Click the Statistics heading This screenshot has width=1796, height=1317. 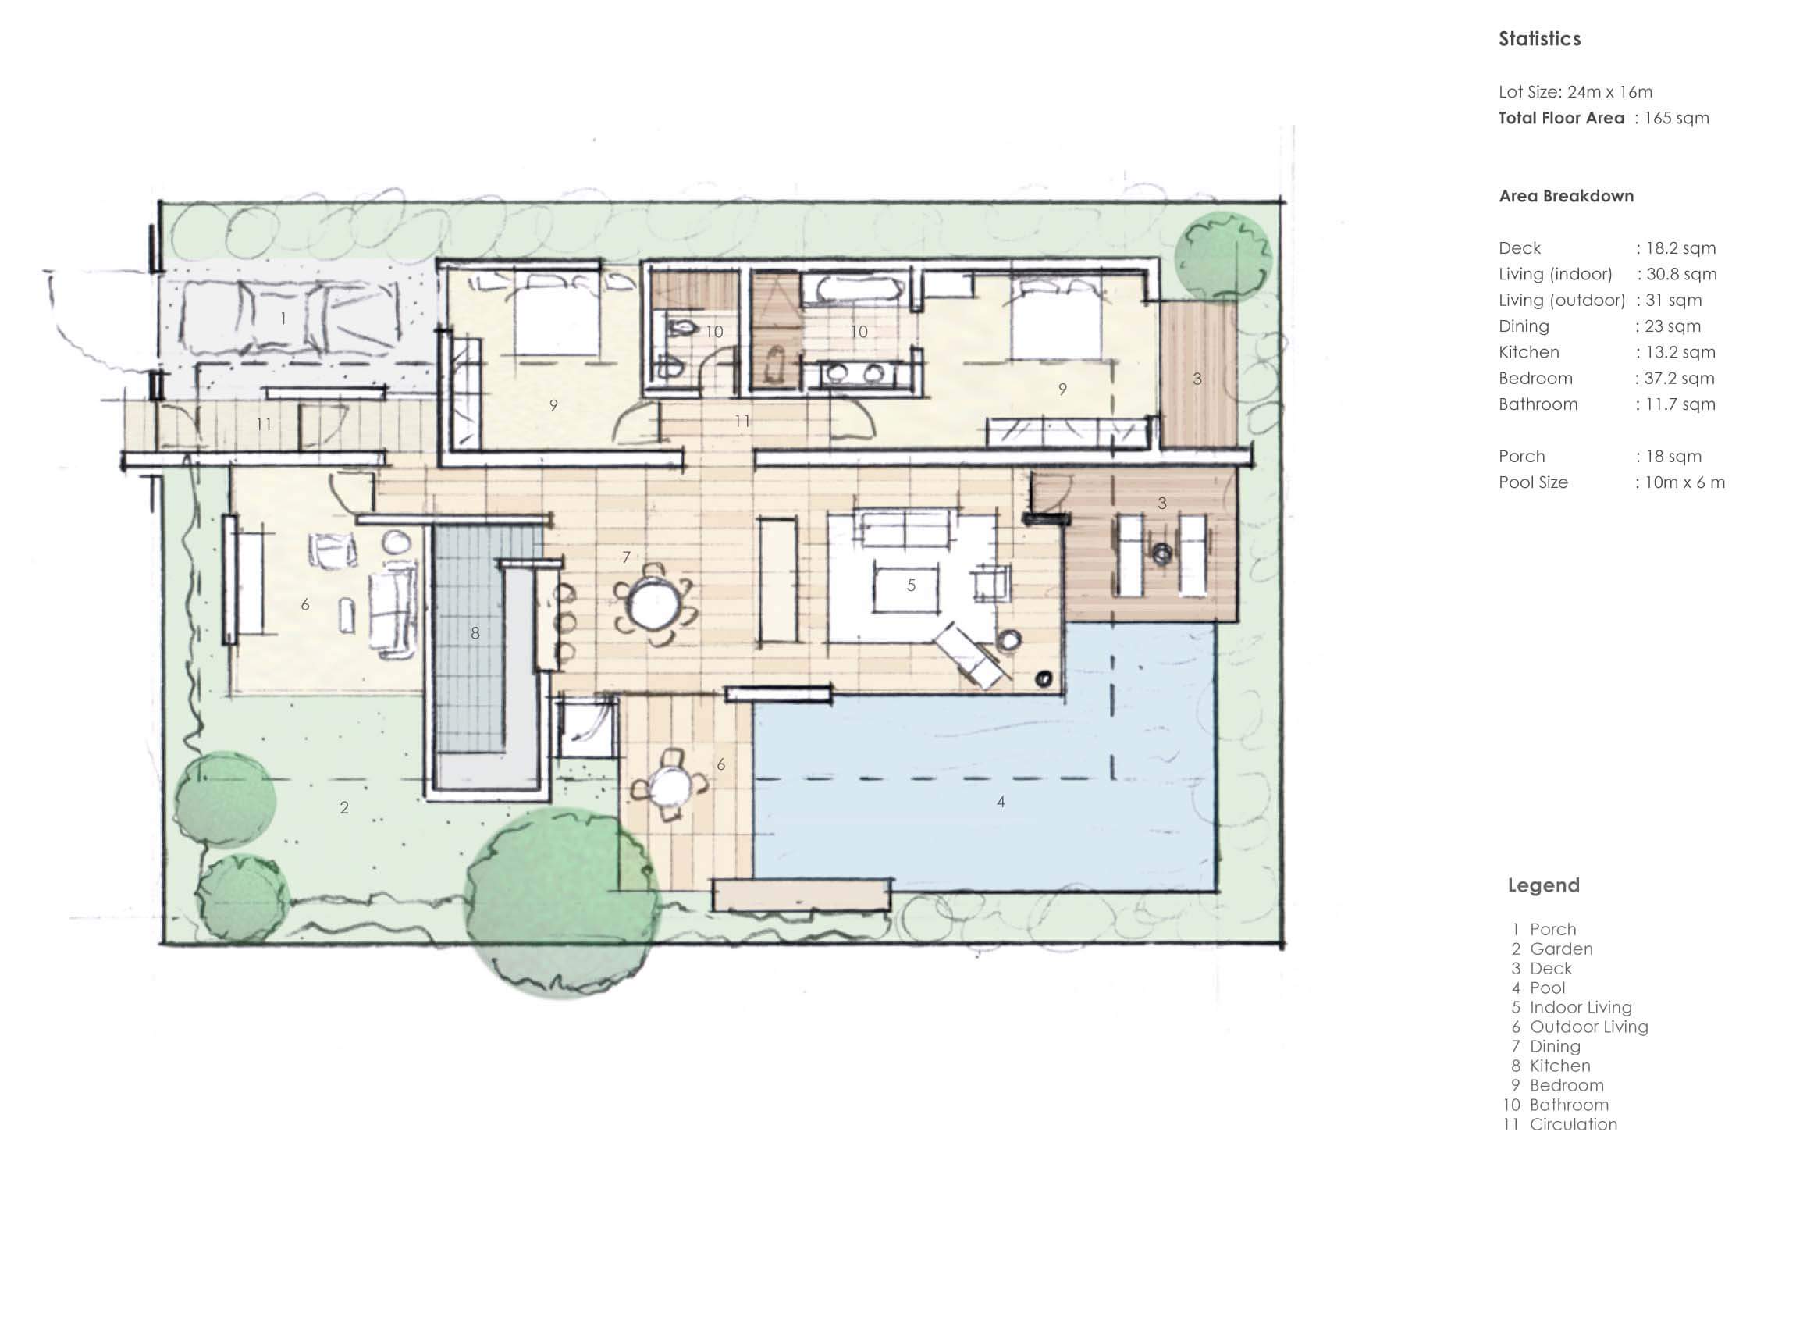tap(1539, 39)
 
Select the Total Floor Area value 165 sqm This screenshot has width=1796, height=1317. tap(1677, 118)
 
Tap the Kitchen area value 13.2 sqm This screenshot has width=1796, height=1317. tap(1680, 352)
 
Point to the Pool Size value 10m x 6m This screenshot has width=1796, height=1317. tap(1684, 482)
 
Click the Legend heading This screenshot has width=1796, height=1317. tap(1543, 885)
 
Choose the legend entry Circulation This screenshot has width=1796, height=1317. tap(1573, 1124)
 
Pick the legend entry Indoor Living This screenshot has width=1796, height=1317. tap(1580, 1007)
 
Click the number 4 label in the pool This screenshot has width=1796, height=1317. tap(1001, 802)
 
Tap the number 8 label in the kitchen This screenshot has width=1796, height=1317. tap(475, 633)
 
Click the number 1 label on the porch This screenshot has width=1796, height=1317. tap(283, 318)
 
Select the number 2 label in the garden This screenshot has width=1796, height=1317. tap(344, 807)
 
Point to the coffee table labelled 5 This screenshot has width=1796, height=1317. tap(905, 586)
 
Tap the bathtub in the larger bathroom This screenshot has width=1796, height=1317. tap(852, 289)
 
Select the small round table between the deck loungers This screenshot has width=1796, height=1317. tap(1161, 553)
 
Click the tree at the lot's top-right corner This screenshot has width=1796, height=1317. tap(1223, 257)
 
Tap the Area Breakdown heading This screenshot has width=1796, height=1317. tap(1566, 196)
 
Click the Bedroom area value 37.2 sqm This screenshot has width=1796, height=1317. tap(1679, 379)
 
